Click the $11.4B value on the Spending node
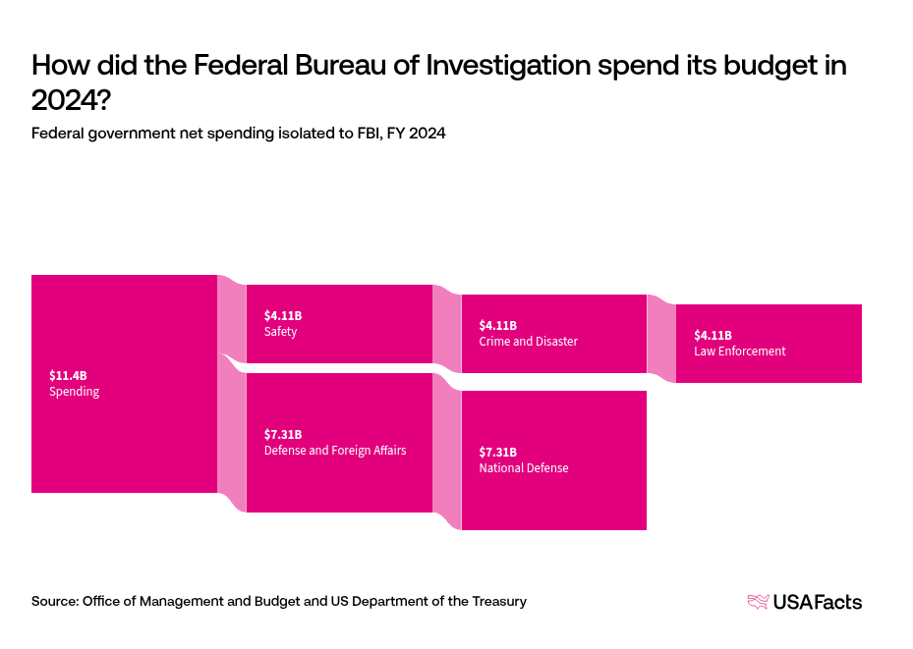click(68, 375)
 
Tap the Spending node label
click(74, 392)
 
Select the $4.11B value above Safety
click(283, 315)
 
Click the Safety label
click(280, 332)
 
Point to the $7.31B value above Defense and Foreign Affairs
click(283, 434)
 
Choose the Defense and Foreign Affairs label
click(335, 451)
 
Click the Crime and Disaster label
click(528, 342)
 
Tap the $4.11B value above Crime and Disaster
click(497, 325)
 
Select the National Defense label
click(523, 468)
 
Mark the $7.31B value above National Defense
click(497, 452)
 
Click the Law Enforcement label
click(739, 352)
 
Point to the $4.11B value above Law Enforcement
click(713, 335)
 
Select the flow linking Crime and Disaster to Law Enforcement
click(661, 339)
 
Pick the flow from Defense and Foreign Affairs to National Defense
click(447, 452)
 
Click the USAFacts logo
click(804, 602)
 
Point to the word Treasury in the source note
click(496, 601)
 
